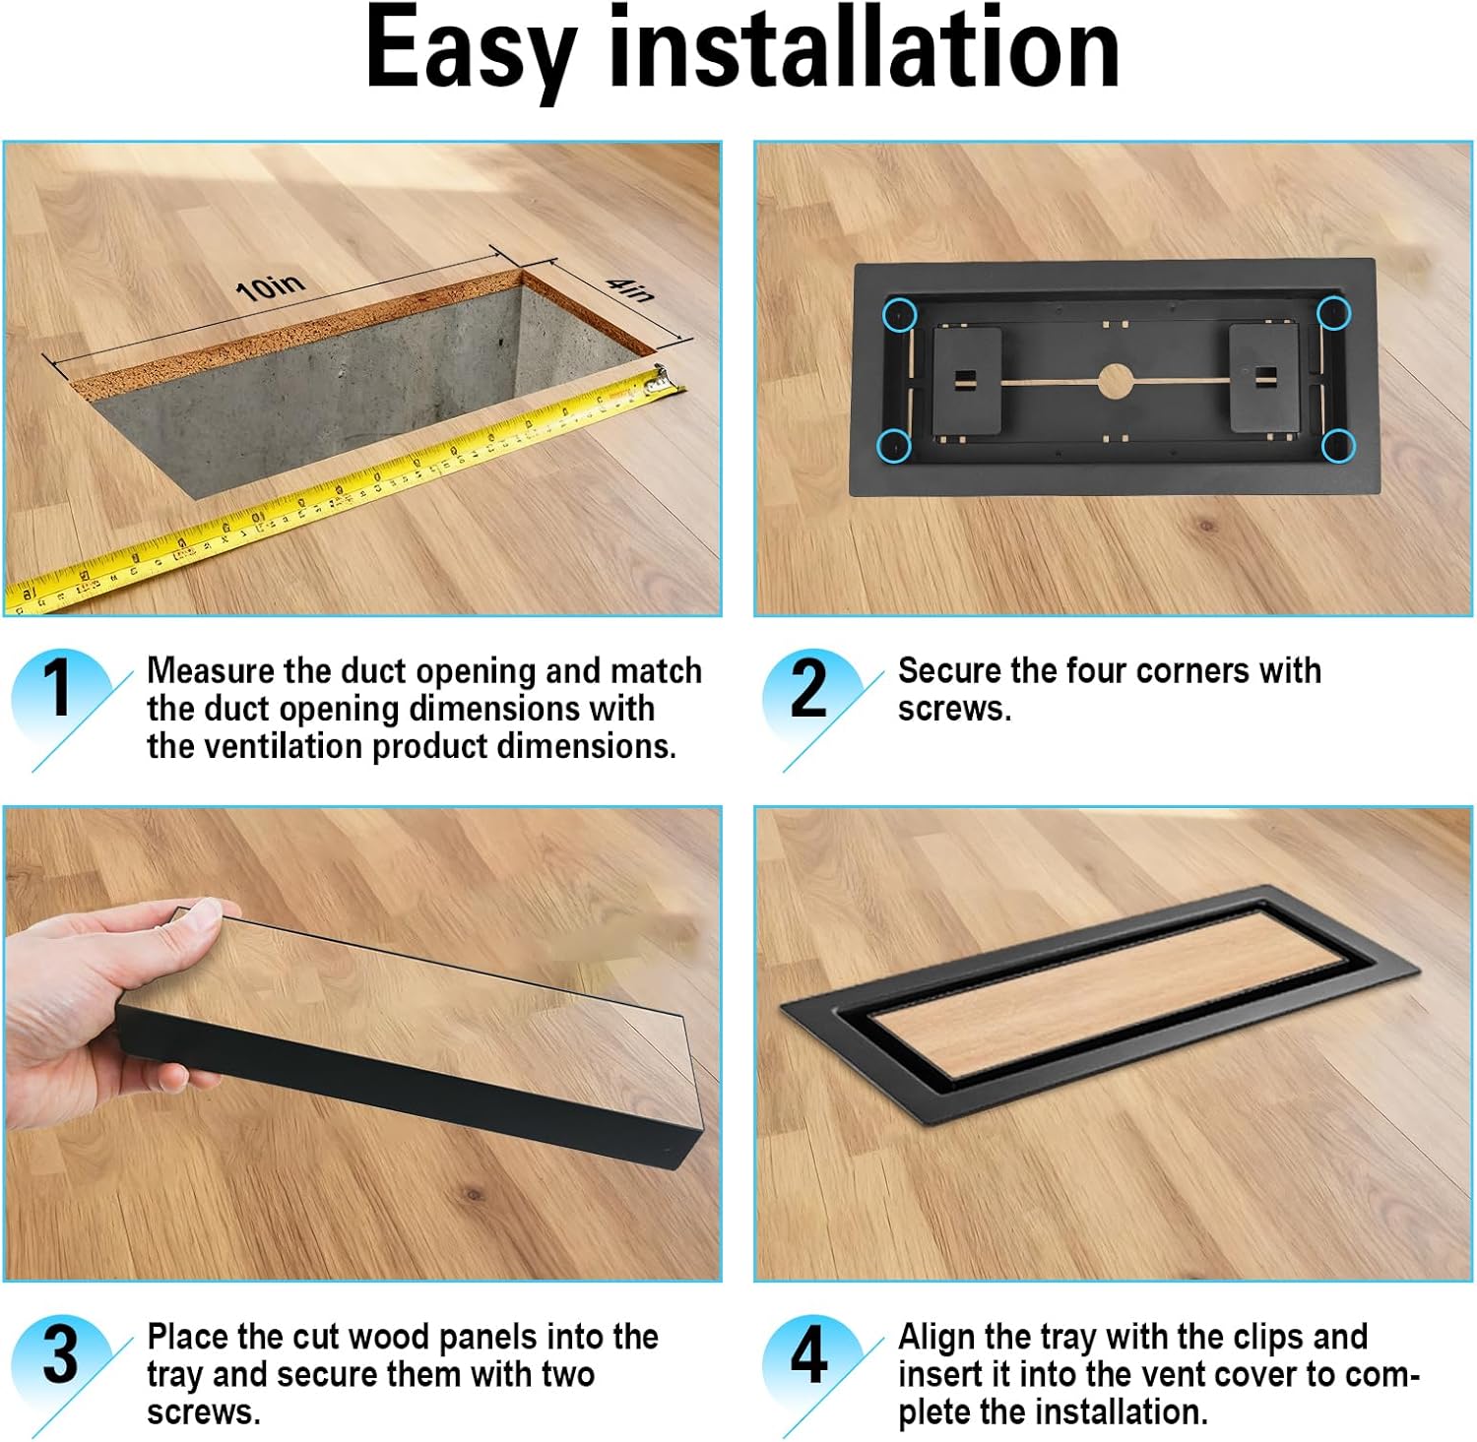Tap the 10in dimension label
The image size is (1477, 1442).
pos(270,287)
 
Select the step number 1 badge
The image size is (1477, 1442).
pos(59,688)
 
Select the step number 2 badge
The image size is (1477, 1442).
pos(809,688)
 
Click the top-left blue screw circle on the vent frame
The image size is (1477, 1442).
pos(899,315)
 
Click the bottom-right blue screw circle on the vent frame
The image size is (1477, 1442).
pos(1337,446)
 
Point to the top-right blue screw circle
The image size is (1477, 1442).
pos(1333,313)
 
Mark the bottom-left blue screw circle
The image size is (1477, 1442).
pos(894,446)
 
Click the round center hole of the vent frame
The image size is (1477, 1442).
pos(1115,381)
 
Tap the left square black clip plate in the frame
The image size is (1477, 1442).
pos(966,380)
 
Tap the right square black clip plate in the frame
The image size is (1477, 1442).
pos(1263,377)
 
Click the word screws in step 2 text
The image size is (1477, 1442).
pos(954,709)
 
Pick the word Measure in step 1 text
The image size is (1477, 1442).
pos(211,671)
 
